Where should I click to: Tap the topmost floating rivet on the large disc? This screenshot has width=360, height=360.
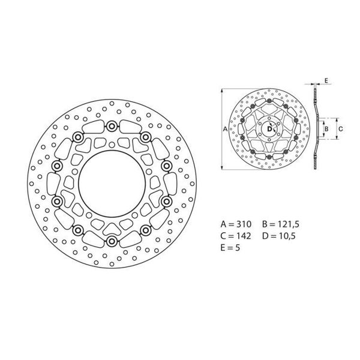point(112,125)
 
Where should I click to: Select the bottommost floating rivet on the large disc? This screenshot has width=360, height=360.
point(112,241)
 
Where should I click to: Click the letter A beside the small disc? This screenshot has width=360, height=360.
point(224,129)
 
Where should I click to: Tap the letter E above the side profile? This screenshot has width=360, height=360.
point(326,79)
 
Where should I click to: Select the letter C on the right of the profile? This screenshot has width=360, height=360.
point(341,128)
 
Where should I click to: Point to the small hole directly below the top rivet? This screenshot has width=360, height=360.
point(112,144)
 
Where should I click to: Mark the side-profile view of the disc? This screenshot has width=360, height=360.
point(316,129)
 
